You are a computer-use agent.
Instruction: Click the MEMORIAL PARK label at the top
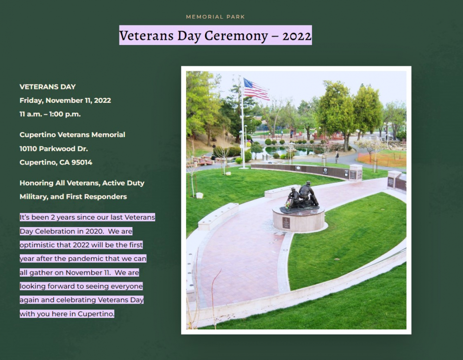coord(215,17)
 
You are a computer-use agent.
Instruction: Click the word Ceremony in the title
coord(236,36)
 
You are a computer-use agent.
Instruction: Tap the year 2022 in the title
coord(297,36)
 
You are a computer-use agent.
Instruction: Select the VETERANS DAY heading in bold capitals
coord(48,87)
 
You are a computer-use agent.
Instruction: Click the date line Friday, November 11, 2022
coord(65,101)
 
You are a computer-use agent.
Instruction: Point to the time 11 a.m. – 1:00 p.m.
coord(50,114)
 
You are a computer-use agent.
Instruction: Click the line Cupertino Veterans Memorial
coord(72,135)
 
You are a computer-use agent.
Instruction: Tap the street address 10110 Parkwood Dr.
coord(54,149)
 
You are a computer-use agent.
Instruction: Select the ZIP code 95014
coord(82,163)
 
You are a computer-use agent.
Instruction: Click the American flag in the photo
coord(256,88)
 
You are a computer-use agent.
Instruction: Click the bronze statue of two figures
coord(300,196)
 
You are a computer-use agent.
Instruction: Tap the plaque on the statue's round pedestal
coord(286,223)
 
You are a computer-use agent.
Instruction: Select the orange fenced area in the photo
coord(382,159)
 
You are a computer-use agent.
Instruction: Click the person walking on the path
coord(337,157)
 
